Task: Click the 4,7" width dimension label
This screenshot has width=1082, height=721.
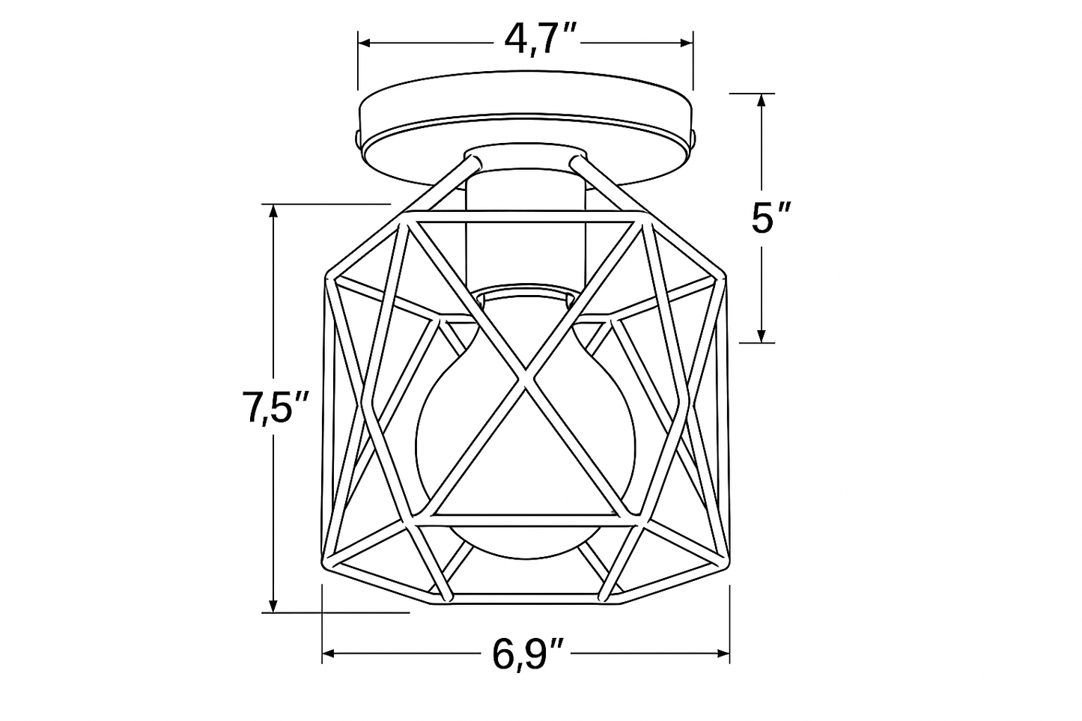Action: [x=540, y=40]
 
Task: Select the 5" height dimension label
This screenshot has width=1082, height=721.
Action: [x=771, y=219]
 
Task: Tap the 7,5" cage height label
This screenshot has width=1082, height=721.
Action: [x=275, y=409]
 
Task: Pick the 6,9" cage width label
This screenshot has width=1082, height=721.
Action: [x=527, y=654]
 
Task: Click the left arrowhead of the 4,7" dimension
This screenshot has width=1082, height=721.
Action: [x=364, y=43]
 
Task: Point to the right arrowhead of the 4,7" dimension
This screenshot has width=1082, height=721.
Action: [x=687, y=43]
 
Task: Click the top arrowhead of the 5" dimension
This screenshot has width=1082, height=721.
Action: [x=762, y=100]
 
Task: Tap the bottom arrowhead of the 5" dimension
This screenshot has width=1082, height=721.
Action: [x=762, y=336]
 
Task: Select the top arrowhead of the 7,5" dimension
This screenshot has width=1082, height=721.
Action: [x=274, y=212]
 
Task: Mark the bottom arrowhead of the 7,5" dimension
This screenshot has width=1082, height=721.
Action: [x=274, y=606]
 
